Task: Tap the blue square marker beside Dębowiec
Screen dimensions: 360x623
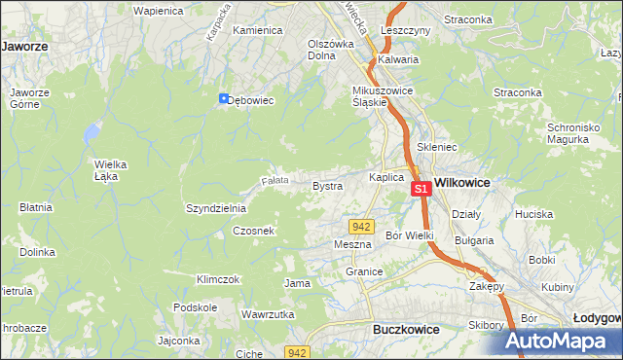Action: click(223, 98)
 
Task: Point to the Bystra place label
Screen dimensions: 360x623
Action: click(327, 185)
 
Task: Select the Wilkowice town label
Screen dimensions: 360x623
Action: click(462, 182)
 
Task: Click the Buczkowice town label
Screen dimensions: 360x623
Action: click(406, 330)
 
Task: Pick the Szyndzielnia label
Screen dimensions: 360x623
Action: click(216, 208)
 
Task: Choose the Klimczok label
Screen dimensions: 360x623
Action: click(218, 279)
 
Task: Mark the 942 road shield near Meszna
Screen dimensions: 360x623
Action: click(362, 226)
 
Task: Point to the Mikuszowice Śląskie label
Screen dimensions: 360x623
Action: click(384, 97)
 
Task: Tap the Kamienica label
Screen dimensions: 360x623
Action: click(257, 30)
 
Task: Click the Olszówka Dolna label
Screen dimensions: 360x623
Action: click(330, 49)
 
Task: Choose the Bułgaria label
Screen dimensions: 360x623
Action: click(474, 239)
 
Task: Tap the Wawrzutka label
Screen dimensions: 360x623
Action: click(268, 315)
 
